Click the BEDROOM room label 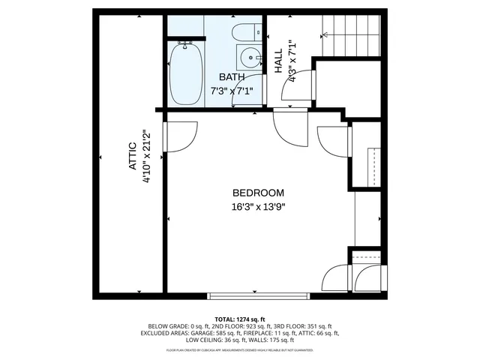pyautogui.click(x=258, y=193)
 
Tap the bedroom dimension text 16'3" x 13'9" pyautogui.click(x=258, y=207)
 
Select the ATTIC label pyautogui.click(x=132, y=157)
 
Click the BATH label pyautogui.click(x=231, y=77)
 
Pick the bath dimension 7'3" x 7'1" pyautogui.click(x=231, y=91)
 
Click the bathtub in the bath pyautogui.click(x=185, y=75)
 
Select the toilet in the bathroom pyautogui.click(x=244, y=33)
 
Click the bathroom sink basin pyautogui.click(x=248, y=55)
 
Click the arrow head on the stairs pyautogui.click(x=325, y=34)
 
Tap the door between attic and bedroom pyautogui.click(x=180, y=137)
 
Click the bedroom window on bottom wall pyautogui.click(x=258, y=295)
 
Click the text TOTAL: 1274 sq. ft pyautogui.click(x=240, y=318)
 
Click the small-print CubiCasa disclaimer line pyautogui.click(x=240, y=350)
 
